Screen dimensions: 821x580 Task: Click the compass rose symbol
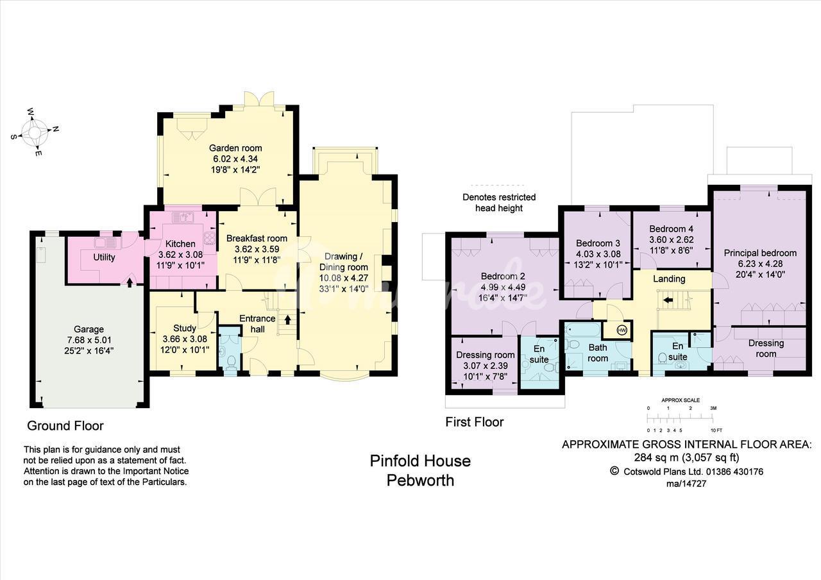coord(35,132)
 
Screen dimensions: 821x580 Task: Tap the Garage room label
coord(89,329)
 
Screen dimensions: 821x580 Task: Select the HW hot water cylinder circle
coord(622,330)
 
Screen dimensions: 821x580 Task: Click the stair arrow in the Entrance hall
coord(288,320)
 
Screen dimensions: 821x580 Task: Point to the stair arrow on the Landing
coord(668,300)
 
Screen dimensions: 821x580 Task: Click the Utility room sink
coord(106,243)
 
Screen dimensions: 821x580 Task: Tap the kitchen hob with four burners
coord(210,238)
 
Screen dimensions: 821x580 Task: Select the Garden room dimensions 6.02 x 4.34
coord(235,158)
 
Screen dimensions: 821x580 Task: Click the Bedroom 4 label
coord(671,229)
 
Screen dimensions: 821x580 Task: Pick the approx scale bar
coord(680,418)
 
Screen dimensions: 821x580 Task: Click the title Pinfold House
coord(420,461)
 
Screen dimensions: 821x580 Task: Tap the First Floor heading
coord(474,422)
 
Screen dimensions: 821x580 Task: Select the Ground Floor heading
coord(65,425)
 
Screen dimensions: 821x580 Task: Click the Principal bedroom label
coord(760,253)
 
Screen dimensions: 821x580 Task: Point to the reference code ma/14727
coord(686,484)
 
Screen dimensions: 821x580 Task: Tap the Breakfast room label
coord(257,238)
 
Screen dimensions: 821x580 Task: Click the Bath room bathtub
coord(582,330)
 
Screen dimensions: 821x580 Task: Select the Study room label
coord(185,328)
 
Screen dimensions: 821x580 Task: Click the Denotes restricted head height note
coord(499,203)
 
